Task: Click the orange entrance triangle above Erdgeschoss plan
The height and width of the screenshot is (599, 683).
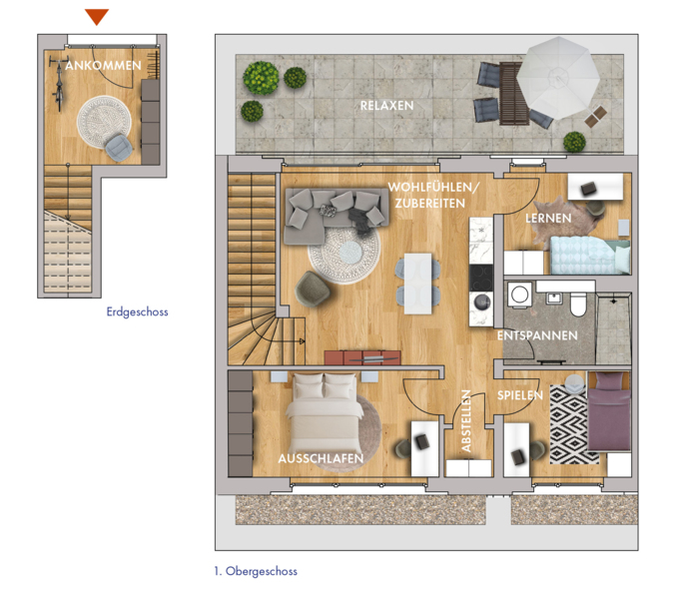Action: [x=97, y=17]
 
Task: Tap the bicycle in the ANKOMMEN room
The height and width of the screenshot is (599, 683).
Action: [x=58, y=84]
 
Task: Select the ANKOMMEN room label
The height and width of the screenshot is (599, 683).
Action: [x=103, y=65]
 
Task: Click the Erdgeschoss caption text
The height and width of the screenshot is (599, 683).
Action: [x=137, y=311]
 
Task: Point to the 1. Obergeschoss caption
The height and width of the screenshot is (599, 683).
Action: [x=256, y=571]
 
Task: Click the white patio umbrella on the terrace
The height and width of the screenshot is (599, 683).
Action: [x=558, y=78]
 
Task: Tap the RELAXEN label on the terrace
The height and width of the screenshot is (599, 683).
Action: [x=386, y=106]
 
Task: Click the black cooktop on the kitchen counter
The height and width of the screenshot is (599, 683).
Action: [x=481, y=278]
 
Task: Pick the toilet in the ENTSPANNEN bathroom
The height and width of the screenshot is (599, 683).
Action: [x=578, y=304]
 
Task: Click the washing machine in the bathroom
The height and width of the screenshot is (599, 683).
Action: [x=519, y=295]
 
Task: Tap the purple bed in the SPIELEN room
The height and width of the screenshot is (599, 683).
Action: [x=608, y=411]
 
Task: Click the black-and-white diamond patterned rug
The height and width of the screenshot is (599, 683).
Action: [x=569, y=424]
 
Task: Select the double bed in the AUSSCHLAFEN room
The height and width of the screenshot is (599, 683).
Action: [x=325, y=414]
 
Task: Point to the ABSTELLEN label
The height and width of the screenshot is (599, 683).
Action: [x=465, y=420]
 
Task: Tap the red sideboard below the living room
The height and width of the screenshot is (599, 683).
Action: [x=362, y=357]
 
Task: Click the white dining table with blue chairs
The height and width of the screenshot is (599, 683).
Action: [x=417, y=284]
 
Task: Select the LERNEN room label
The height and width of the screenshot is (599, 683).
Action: [x=548, y=218]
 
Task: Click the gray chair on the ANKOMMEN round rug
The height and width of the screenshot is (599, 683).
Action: [x=119, y=147]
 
